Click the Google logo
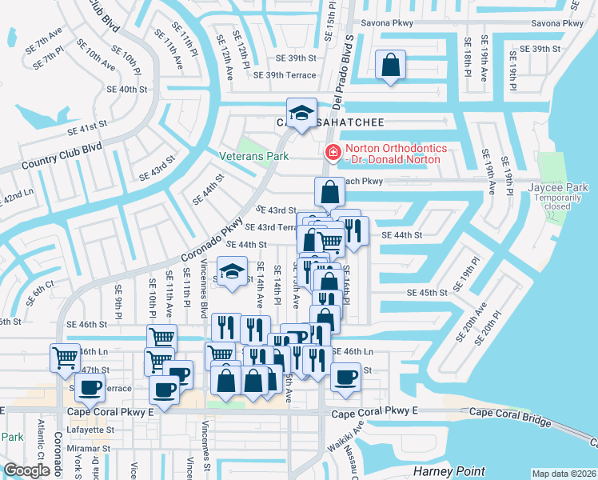click(26, 470)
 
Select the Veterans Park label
click(254, 157)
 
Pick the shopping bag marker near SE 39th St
click(389, 67)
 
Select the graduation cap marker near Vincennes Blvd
click(232, 274)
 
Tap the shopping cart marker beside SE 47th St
click(64, 358)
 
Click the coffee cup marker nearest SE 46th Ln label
click(345, 377)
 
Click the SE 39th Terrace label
click(284, 75)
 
